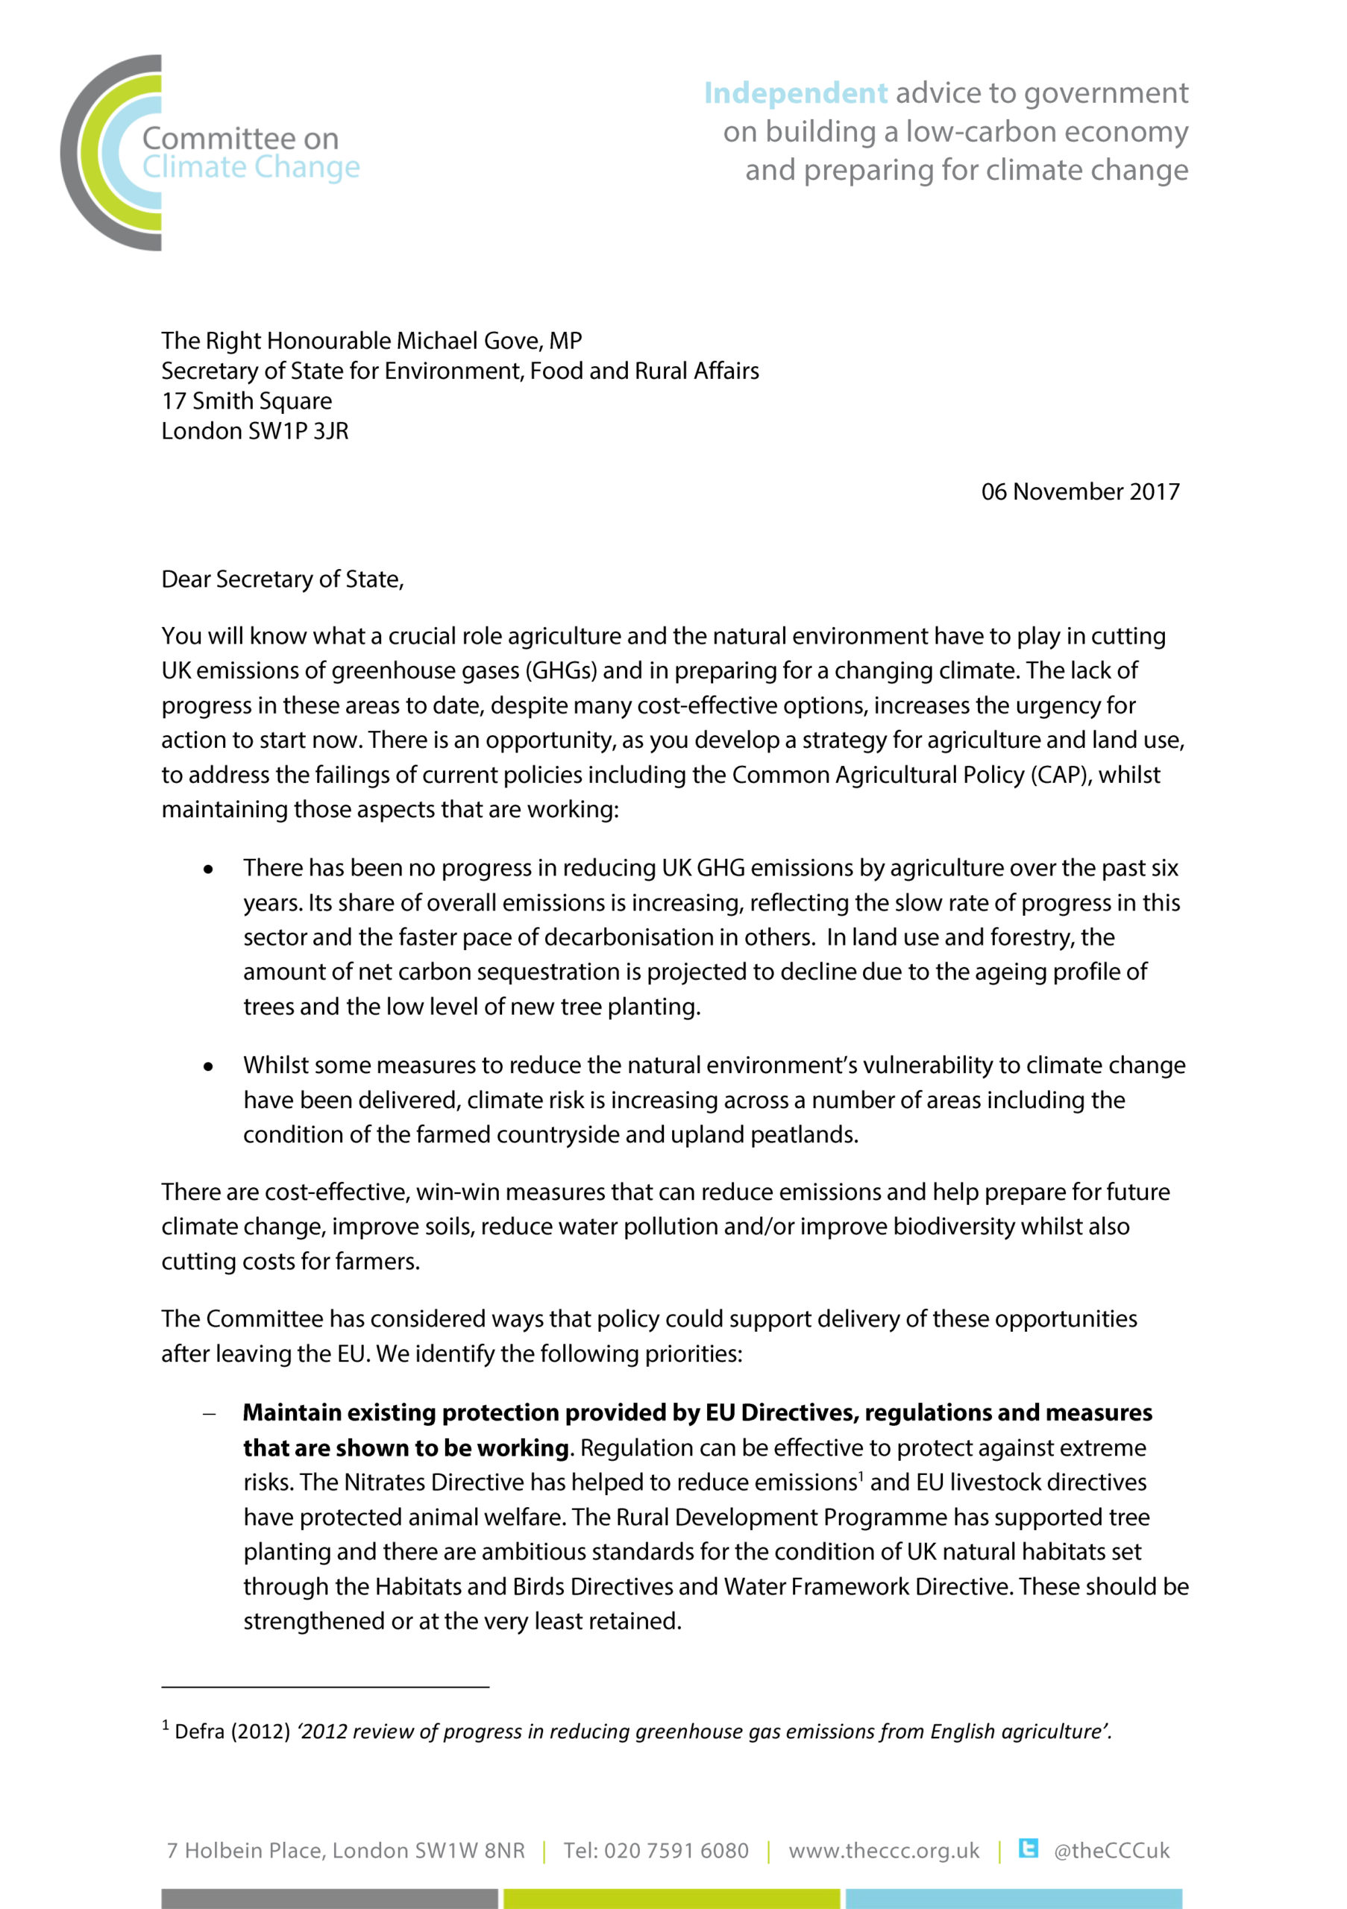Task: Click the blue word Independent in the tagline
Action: pyautogui.click(x=795, y=93)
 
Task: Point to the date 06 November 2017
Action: pyautogui.click(x=1079, y=491)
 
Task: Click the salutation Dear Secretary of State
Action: pyautogui.click(x=282, y=579)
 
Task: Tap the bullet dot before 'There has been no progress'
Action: pyautogui.click(x=208, y=869)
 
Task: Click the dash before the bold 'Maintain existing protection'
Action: pyautogui.click(x=210, y=1413)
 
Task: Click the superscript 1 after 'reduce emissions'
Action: pyautogui.click(x=861, y=1475)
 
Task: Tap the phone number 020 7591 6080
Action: pyautogui.click(x=676, y=1851)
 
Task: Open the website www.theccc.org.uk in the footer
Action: pyautogui.click(x=883, y=1851)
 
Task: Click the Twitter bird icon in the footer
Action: pyautogui.click(x=1029, y=1849)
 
